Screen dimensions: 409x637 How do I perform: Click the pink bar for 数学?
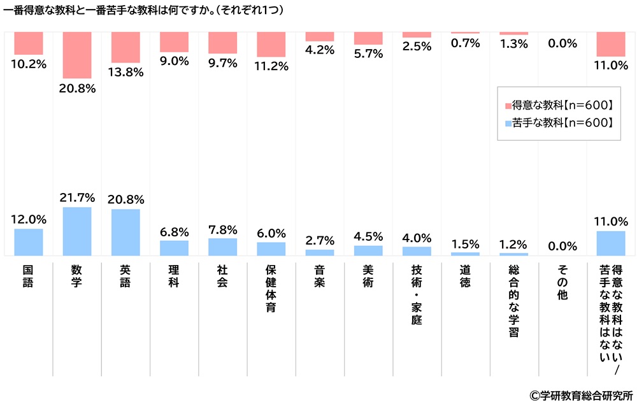point(77,55)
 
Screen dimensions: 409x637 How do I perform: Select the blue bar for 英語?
point(125,232)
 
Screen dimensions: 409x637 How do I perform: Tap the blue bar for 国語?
point(29,242)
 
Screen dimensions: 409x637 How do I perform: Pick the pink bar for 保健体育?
point(271,45)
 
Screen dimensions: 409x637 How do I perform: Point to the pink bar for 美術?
point(368,38)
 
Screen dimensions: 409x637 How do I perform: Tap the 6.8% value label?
point(174,230)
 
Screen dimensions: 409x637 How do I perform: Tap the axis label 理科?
point(174,275)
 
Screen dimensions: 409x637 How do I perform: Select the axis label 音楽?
point(320,275)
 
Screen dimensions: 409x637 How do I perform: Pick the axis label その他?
point(562,281)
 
